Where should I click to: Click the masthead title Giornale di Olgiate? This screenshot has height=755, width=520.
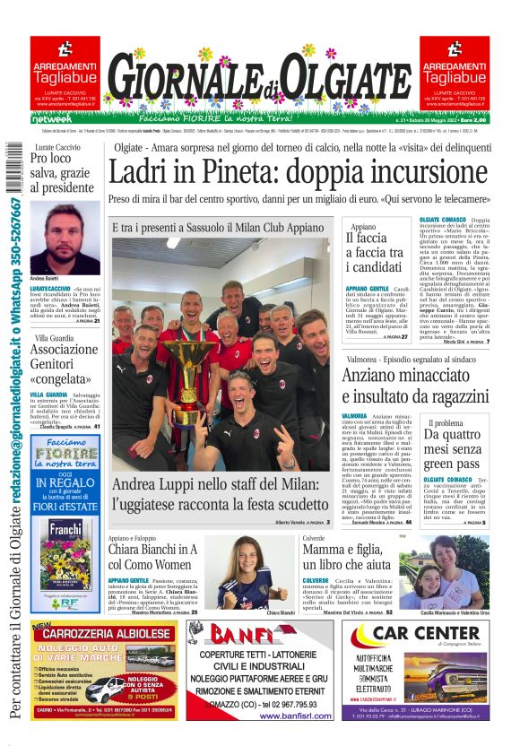pos(258,85)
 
